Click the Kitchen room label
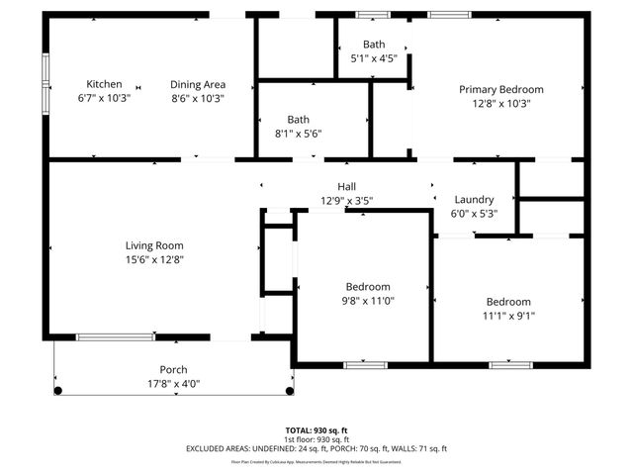[104, 84]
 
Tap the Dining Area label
[198, 84]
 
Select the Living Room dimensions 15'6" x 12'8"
[154, 259]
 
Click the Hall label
[346, 186]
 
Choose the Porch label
[173, 369]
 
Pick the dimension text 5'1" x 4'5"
[374, 58]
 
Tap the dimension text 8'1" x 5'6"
[298, 134]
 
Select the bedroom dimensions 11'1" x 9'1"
[508, 316]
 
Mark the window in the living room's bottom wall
[115, 337]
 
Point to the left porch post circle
[57, 391]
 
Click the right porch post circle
[289, 391]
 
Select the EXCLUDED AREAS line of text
[316, 448]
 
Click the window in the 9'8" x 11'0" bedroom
[365, 365]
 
